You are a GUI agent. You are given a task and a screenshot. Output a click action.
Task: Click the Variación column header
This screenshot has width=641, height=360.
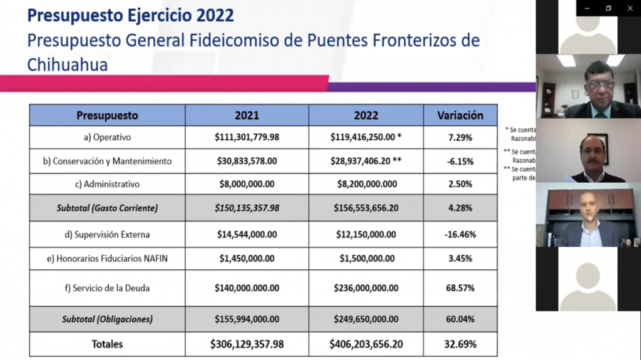[x=460, y=115]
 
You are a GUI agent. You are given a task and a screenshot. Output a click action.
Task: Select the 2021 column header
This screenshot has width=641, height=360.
[x=247, y=115]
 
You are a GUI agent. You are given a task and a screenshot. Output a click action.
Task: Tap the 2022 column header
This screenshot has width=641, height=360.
[x=366, y=115]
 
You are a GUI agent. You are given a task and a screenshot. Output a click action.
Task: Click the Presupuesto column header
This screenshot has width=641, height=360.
[x=107, y=115]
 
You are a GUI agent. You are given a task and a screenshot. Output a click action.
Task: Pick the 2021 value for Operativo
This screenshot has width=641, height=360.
[x=247, y=137]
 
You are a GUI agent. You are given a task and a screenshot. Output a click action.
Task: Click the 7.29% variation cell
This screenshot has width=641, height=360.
[x=460, y=137]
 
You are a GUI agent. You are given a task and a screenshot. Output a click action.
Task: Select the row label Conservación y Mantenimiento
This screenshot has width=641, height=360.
[x=107, y=161]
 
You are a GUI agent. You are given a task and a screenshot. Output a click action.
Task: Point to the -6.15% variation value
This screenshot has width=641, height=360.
[x=460, y=161]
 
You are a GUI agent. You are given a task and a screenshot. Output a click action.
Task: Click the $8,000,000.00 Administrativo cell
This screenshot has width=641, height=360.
[x=247, y=184]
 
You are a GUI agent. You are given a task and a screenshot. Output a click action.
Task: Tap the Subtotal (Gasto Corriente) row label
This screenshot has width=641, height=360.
[x=107, y=208]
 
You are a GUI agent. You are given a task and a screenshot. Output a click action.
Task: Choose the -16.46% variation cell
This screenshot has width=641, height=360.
[x=460, y=235]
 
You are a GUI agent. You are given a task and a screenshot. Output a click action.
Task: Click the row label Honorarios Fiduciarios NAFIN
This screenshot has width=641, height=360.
[x=107, y=258]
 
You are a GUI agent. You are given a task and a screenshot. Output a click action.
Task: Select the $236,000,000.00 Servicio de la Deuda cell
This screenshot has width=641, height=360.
[x=366, y=288]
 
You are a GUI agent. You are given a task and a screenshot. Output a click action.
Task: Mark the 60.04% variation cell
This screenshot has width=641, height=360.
[x=460, y=319]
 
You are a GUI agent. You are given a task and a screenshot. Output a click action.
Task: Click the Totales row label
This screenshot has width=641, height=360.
[x=107, y=344]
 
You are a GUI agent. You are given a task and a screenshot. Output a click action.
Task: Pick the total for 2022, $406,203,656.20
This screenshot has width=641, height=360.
[x=366, y=344]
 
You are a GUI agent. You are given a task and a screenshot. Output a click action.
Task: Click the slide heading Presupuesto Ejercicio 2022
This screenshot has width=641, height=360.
[x=130, y=14]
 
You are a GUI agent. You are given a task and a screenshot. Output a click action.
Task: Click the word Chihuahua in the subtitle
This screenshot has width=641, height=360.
[x=68, y=64]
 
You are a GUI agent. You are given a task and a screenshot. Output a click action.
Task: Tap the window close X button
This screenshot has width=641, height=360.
[x=630, y=8]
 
